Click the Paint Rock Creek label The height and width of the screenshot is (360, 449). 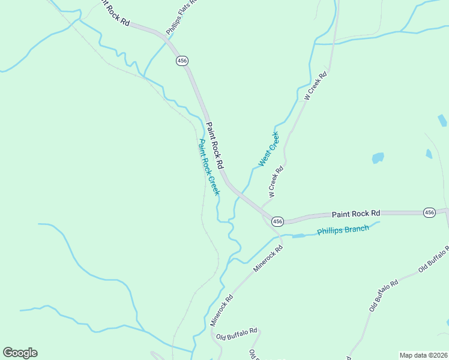coord(209,167)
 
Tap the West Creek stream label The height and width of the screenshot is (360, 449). coord(269,149)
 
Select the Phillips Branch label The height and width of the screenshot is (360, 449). coord(343,230)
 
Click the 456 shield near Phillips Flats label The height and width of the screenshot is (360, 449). coord(182,61)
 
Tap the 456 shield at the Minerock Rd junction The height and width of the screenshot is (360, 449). coord(277,221)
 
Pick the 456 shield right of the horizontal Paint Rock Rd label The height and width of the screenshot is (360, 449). coord(429,212)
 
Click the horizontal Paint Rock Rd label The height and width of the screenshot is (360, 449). coord(357,214)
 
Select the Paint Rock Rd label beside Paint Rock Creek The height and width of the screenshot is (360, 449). coord(215,145)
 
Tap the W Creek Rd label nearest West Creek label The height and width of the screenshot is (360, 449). coord(276,182)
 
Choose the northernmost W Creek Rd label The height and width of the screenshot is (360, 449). coord(315,86)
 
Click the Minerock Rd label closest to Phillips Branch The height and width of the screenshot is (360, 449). coord(268,259)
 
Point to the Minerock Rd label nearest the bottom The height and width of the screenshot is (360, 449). coord(221,310)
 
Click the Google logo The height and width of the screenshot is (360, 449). coord(20,353)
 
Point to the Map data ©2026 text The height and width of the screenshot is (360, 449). coord(423,355)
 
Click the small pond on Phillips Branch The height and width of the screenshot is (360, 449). coord(298,236)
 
